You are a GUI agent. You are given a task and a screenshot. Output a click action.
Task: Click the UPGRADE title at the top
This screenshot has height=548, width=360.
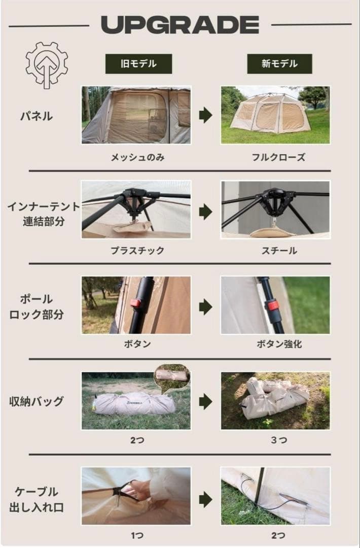(x=180, y=24)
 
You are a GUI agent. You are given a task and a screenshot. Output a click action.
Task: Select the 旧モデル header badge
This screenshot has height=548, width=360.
(x=138, y=64)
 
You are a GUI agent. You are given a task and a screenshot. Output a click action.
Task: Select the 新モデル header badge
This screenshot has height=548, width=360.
(x=279, y=64)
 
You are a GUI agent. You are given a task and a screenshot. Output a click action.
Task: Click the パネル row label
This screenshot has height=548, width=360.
(x=36, y=116)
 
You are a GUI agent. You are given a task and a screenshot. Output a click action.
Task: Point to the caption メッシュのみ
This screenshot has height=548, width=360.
(x=137, y=157)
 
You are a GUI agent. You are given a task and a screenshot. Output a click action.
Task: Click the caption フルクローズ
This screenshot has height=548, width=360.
(x=278, y=157)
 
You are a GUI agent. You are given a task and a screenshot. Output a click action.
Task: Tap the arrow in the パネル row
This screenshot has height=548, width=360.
(x=205, y=116)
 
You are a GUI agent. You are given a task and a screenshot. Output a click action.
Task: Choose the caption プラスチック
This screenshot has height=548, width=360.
(x=137, y=251)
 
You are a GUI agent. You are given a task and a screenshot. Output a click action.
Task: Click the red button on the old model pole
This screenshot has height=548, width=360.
(x=135, y=303)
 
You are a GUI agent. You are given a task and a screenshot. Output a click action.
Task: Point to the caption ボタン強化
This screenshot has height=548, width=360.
(x=279, y=344)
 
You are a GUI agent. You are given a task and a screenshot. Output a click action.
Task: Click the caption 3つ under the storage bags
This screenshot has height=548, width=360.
(x=278, y=440)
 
